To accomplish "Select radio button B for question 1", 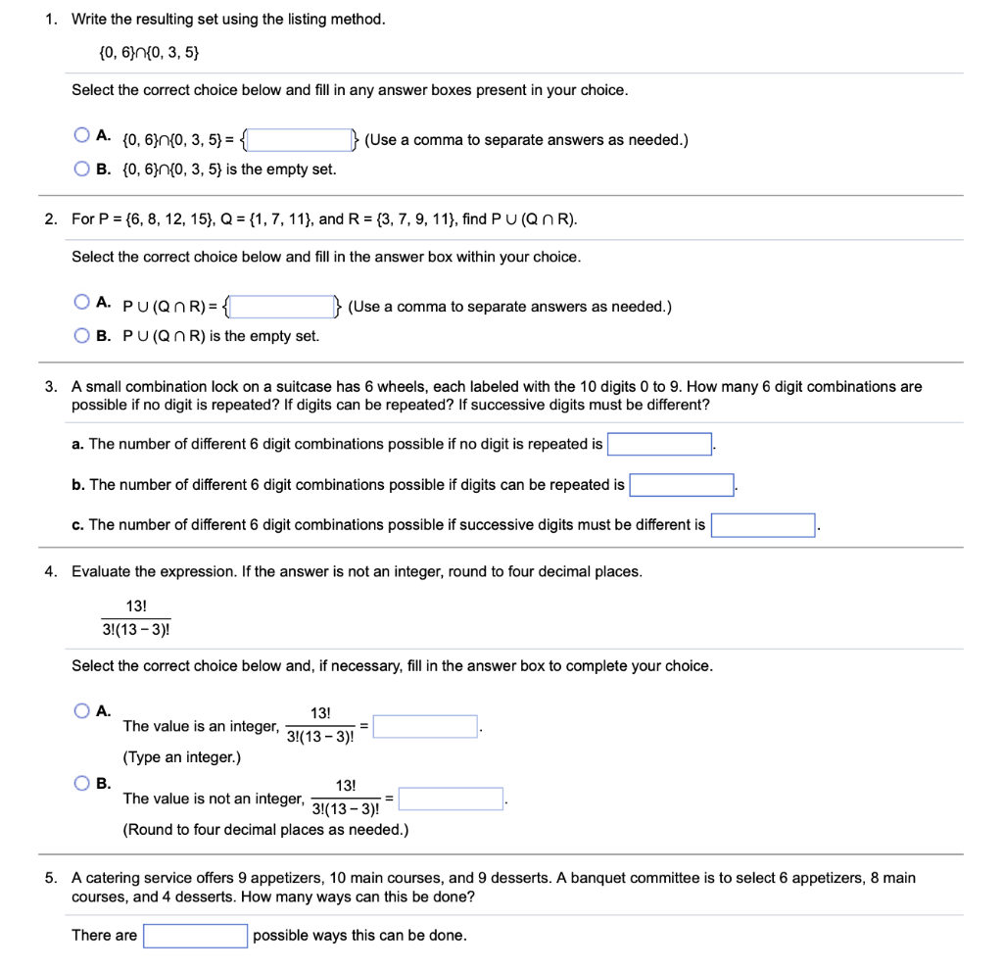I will pyautogui.click(x=81, y=169).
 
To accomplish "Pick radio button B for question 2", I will pyautogui.click(x=81, y=335).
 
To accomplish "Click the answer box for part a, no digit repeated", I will pyautogui.click(x=659, y=445).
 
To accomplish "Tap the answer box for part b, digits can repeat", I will pyautogui.click(x=682, y=485).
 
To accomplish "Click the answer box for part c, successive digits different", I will pyautogui.click(x=763, y=525).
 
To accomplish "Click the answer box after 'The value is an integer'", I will pyautogui.click(x=425, y=727).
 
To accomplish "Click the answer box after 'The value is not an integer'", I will pyautogui.click(x=451, y=799).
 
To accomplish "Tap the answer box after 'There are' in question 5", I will pyautogui.click(x=195, y=936).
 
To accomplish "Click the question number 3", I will pyautogui.click(x=50, y=387).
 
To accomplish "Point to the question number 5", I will pyautogui.click(x=50, y=878).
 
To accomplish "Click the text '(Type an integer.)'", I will pyautogui.click(x=181, y=757).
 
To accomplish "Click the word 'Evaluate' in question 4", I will pyautogui.click(x=101, y=571).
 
